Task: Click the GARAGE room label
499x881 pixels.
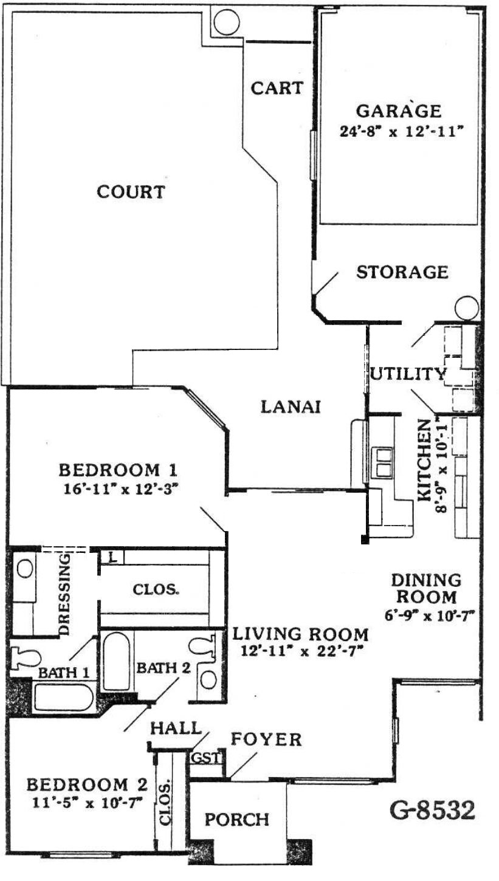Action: [398, 111]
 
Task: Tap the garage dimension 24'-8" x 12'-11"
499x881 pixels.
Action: [400, 131]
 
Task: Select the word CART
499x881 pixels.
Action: [277, 88]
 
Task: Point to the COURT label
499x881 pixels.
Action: [131, 192]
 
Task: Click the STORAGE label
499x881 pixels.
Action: [402, 272]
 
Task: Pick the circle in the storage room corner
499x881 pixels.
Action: [467, 307]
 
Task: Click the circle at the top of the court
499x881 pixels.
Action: [227, 21]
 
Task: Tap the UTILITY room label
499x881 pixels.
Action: [408, 374]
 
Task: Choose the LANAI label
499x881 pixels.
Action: [291, 406]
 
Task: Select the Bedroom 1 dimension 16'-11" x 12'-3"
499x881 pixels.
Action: [121, 490]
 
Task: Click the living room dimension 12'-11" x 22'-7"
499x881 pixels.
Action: [301, 651]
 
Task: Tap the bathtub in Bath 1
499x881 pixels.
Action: [63, 698]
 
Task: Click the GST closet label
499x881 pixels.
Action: [206, 757]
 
